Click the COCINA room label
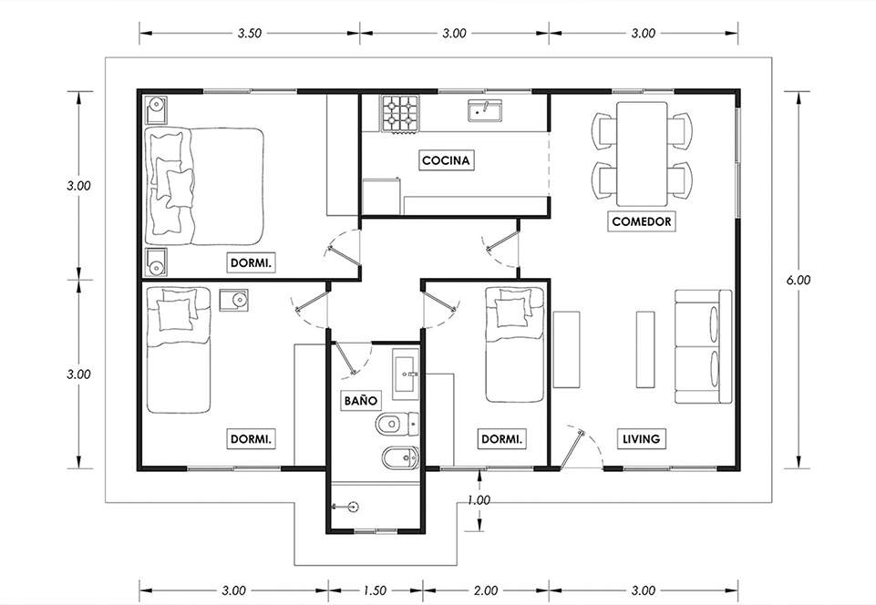445,161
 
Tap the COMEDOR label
642,221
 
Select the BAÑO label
360,400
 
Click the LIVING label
642,439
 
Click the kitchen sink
486,110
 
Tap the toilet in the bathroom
397,426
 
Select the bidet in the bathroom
400,458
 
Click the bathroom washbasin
406,374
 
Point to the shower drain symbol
353,507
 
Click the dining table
642,154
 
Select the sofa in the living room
704,346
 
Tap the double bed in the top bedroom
204,186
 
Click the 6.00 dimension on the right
799,280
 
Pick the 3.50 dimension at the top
249,33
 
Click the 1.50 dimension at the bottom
375,590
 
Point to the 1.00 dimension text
479,500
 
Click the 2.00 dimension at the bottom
486,590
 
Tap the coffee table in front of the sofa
645,349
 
